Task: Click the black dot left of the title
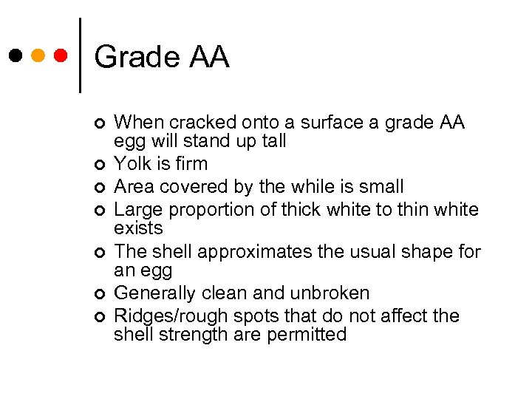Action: point(16,55)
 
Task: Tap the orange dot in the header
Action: point(38,55)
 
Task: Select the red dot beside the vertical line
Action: point(61,55)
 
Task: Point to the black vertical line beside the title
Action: point(80,55)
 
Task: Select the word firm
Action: point(191,163)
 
